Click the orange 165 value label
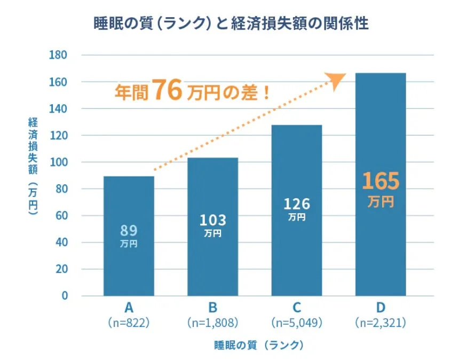coord(381,182)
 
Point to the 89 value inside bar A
coord(129,230)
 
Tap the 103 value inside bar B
coord(212,220)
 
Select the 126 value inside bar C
coord(297,204)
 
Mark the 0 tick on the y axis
coord(64,296)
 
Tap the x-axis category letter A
coord(129,308)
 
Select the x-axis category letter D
coord(381,308)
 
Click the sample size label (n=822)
coord(129,323)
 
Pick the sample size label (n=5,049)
coord(297,323)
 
